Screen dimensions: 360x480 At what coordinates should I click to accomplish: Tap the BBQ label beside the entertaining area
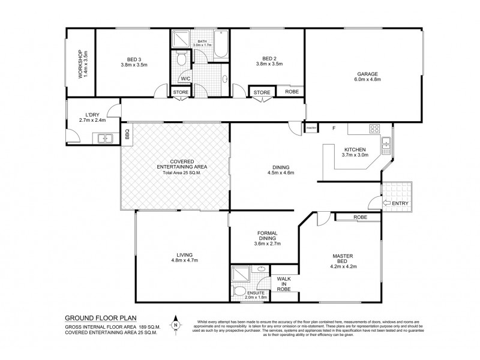pyautogui.click(x=127, y=136)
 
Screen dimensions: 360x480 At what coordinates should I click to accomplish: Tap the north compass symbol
pyautogui.click(x=175, y=325)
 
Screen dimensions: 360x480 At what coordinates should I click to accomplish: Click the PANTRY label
pyautogui.click(x=311, y=128)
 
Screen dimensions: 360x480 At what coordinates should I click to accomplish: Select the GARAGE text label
pyautogui.click(x=368, y=73)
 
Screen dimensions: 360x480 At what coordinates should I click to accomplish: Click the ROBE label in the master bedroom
pyautogui.click(x=360, y=217)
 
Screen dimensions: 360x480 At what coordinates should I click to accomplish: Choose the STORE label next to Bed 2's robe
pyautogui.click(x=262, y=92)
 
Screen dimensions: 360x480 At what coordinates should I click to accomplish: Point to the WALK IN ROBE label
pyautogui.click(x=284, y=284)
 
